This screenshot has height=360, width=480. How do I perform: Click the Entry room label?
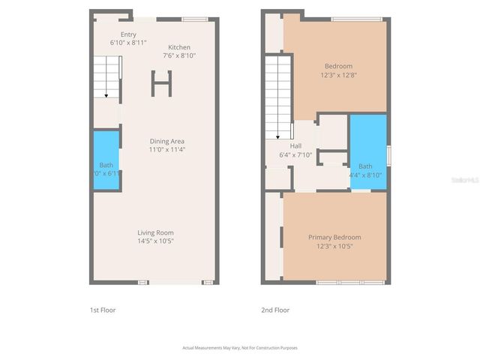tap(128, 34)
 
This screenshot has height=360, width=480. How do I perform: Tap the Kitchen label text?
tap(179, 46)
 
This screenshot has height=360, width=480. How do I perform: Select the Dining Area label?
tap(167, 141)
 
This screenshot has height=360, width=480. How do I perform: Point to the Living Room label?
tap(155, 232)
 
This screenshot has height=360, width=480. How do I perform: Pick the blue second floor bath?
tap(367, 150)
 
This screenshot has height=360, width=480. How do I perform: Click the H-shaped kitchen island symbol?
tap(161, 83)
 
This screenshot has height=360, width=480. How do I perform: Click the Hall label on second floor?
tap(275, 146)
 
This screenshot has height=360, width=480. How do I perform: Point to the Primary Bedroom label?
tap(334, 238)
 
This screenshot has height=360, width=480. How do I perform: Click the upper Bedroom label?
tap(338, 66)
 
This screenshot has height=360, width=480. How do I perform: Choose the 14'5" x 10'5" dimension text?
tap(155, 241)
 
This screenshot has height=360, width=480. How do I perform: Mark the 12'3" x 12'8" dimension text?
tap(338, 74)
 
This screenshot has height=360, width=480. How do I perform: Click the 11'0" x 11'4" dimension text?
tap(167, 149)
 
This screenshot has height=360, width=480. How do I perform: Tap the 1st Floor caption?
tap(102, 310)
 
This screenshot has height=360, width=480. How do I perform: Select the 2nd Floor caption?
tap(275, 310)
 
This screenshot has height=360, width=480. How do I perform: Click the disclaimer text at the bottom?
tap(240, 347)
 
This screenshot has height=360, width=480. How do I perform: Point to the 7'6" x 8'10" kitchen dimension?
tap(179, 55)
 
